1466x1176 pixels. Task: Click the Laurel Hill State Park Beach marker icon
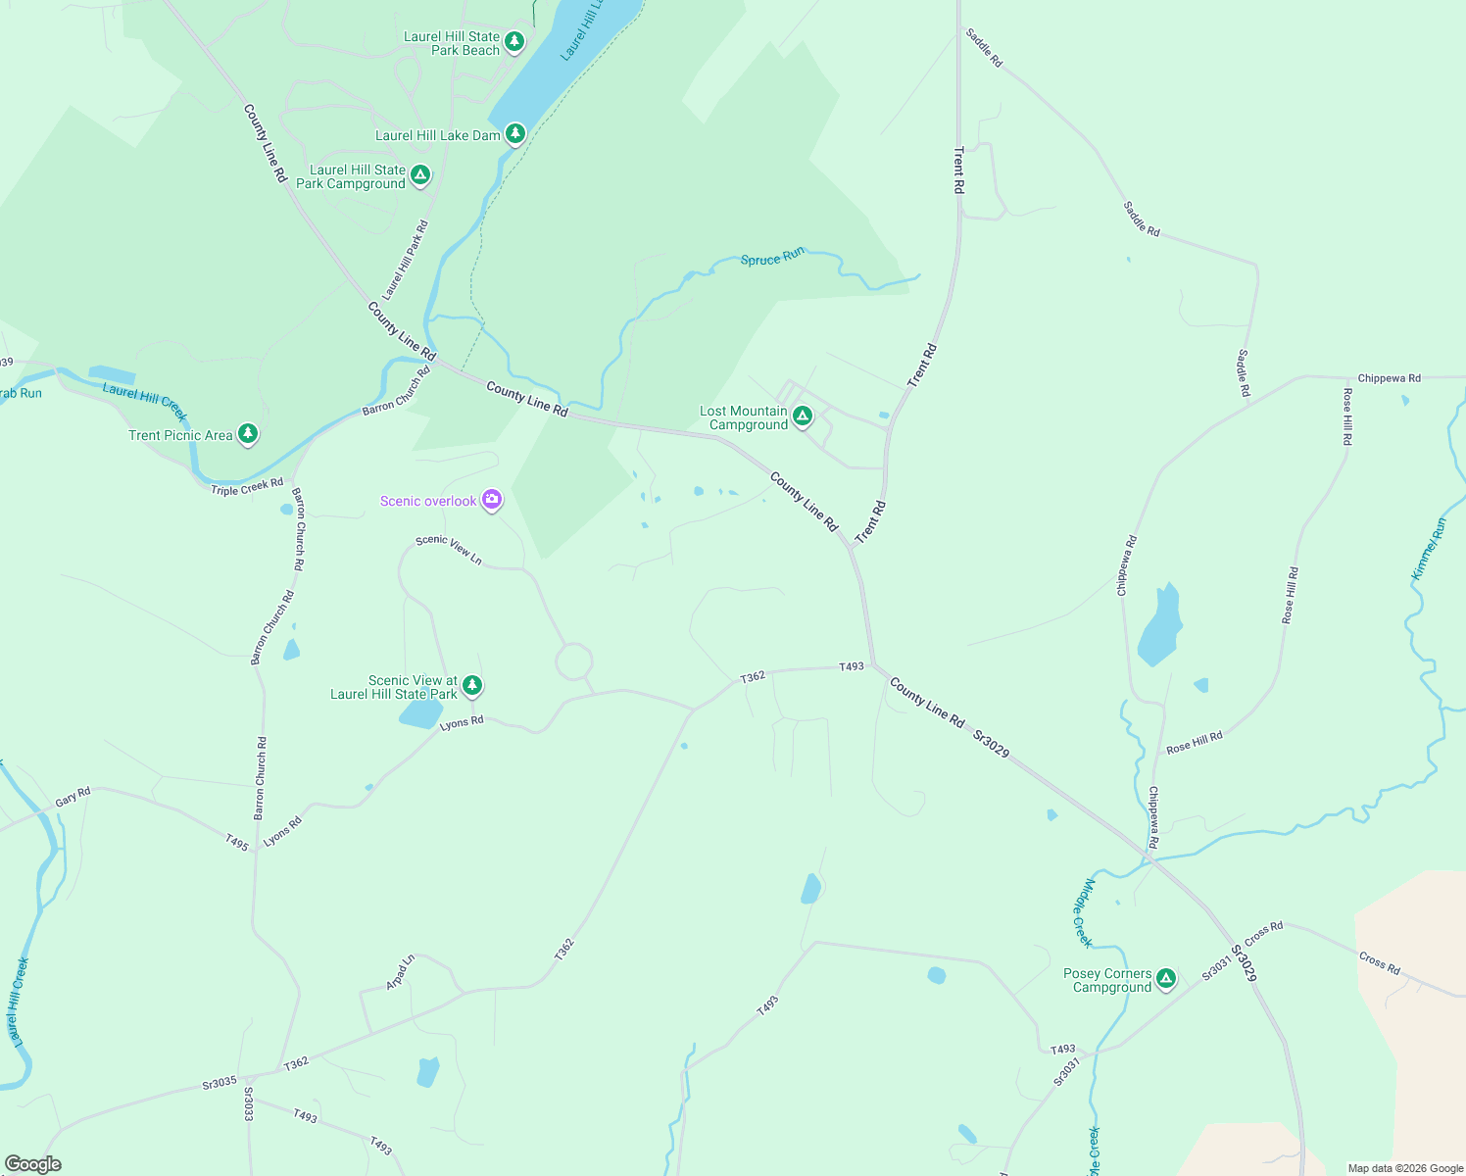pyautogui.click(x=514, y=42)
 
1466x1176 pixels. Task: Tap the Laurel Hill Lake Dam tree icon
pyautogui.click(x=515, y=133)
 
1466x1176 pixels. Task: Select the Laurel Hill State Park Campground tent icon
pyautogui.click(x=420, y=175)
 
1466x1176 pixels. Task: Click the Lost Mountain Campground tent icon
pyautogui.click(x=803, y=416)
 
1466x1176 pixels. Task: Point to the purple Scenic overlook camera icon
pyautogui.click(x=492, y=500)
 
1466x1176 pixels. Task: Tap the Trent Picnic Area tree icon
pyautogui.click(x=248, y=433)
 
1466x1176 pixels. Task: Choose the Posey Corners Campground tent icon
pyautogui.click(x=1165, y=978)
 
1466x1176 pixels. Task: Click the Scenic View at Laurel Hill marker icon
pyautogui.click(x=472, y=685)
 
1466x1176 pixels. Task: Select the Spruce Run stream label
pyautogui.click(x=772, y=257)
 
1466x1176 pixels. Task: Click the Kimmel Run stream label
pyautogui.click(x=1429, y=549)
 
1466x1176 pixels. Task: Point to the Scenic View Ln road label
pyautogui.click(x=449, y=549)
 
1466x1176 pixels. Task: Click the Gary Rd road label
pyautogui.click(x=73, y=798)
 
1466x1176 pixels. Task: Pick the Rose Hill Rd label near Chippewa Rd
pyautogui.click(x=1194, y=742)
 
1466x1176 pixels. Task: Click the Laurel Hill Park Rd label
pyautogui.click(x=406, y=260)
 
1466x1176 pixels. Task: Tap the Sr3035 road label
pyautogui.click(x=220, y=1082)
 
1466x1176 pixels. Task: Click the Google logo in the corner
pyautogui.click(x=33, y=1163)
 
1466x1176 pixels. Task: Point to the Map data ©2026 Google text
pyautogui.click(x=1405, y=1168)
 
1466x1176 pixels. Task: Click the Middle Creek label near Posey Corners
pyautogui.click(x=1082, y=912)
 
